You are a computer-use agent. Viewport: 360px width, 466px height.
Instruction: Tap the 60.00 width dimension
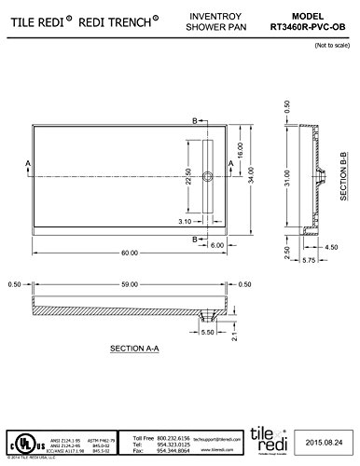129,254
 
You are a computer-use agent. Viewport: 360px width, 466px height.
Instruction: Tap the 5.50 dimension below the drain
208,332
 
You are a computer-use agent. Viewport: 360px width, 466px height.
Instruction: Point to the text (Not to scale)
332,45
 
